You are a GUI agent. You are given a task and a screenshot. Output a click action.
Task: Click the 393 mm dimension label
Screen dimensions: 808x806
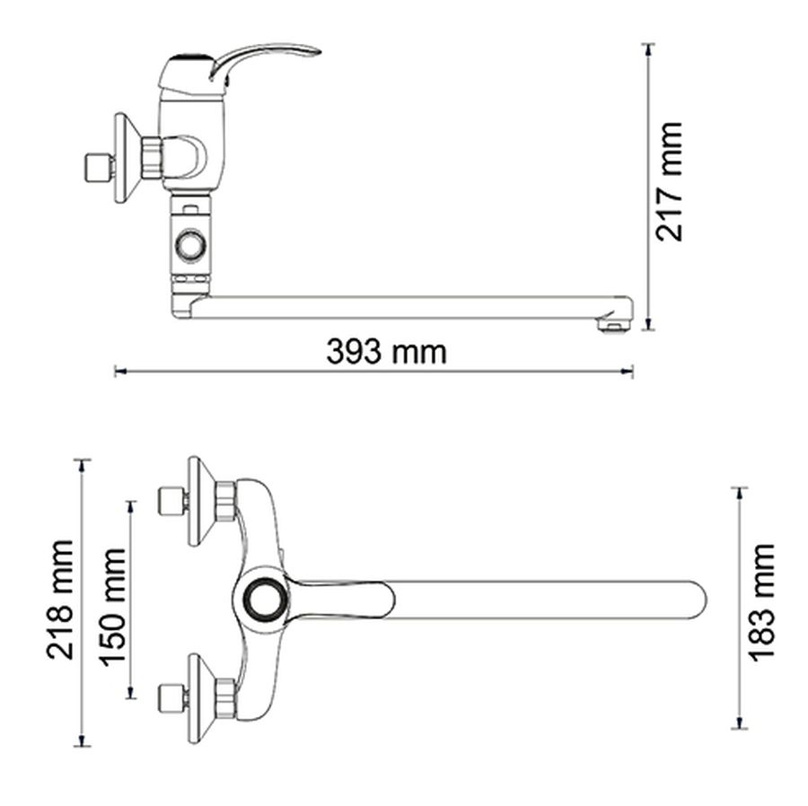(x=386, y=352)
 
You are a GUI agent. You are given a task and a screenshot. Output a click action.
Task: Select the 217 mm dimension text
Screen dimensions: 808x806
(x=669, y=182)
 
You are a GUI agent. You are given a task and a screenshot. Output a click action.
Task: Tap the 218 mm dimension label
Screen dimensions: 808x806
(x=60, y=600)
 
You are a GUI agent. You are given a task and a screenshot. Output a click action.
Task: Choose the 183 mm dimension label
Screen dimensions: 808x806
(x=761, y=602)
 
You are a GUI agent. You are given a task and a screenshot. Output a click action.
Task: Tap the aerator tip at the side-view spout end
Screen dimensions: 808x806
(x=611, y=326)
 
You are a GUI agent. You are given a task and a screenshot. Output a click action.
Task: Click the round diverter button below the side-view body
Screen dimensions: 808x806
(x=192, y=245)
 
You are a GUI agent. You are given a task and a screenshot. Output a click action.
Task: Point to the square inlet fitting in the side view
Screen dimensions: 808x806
(x=99, y=167)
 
